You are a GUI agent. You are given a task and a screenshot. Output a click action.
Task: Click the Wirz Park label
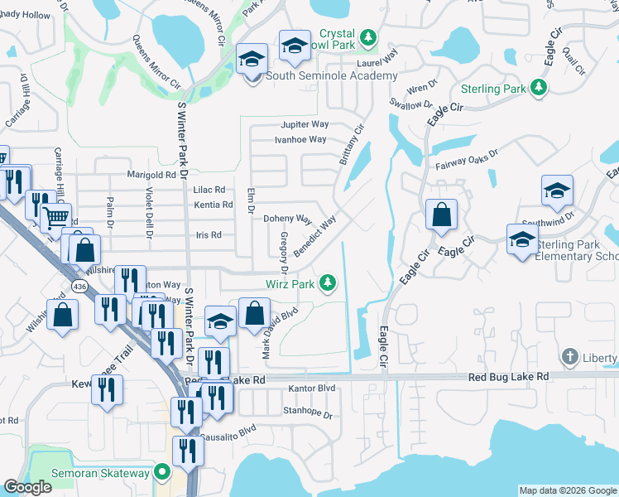tap(289, 284)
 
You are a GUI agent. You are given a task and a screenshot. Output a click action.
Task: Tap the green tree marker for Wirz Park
tap(329, 284)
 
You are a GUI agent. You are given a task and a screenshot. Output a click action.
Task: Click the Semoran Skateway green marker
tap(162, 473)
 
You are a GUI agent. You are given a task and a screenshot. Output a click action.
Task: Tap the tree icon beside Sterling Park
tap(540, 87)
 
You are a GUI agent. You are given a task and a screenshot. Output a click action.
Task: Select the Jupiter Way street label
tap(305, 124)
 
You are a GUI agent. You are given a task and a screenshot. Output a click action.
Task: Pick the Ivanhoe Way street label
tap(300, 140)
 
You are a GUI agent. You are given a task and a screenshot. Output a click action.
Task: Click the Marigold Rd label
tap(151, 175)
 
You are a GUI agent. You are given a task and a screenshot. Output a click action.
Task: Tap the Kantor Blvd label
tap(311, 388)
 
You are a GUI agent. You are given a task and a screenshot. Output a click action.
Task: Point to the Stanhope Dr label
tap(307, 413)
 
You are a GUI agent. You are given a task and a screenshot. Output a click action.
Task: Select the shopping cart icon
tap(55, 218)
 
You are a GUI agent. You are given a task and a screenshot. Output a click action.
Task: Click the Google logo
tap(27, 487)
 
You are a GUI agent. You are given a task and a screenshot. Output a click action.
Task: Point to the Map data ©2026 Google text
tap(567, 490)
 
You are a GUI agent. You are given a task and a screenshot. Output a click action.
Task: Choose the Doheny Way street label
tap(287, 220)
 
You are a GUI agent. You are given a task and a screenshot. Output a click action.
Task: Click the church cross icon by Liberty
tap(569, 358)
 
